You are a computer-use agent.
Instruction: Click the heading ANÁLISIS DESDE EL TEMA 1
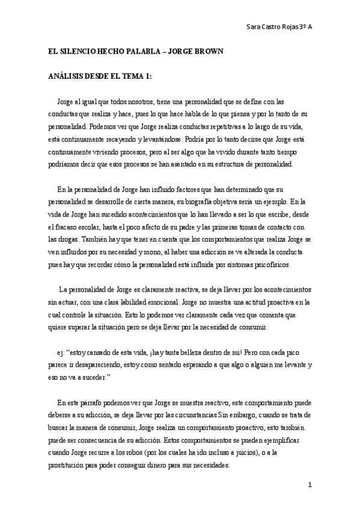(x=100, y=76)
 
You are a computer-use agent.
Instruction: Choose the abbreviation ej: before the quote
(x=59, y=353)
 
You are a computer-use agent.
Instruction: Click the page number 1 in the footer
(x=310, y=485)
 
